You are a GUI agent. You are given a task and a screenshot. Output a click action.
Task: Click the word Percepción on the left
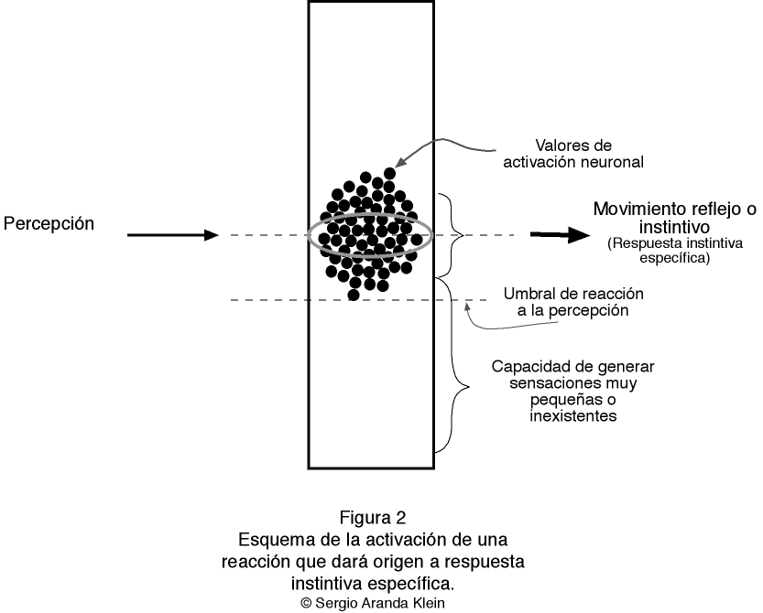coord(49,223)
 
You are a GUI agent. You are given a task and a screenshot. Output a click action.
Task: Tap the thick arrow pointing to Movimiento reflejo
coord(561,235)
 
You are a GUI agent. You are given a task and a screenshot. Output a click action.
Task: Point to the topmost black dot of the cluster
coord(390,173)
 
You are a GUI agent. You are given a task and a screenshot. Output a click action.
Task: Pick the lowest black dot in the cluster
coord(354,295)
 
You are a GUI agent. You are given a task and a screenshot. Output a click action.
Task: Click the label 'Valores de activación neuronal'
coord(574,154)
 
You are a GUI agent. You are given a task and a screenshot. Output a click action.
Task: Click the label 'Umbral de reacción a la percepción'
coord(574,302)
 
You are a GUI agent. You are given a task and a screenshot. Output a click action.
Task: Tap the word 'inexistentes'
coord(573,416)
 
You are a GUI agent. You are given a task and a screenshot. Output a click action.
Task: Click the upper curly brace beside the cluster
coord(451,234)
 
